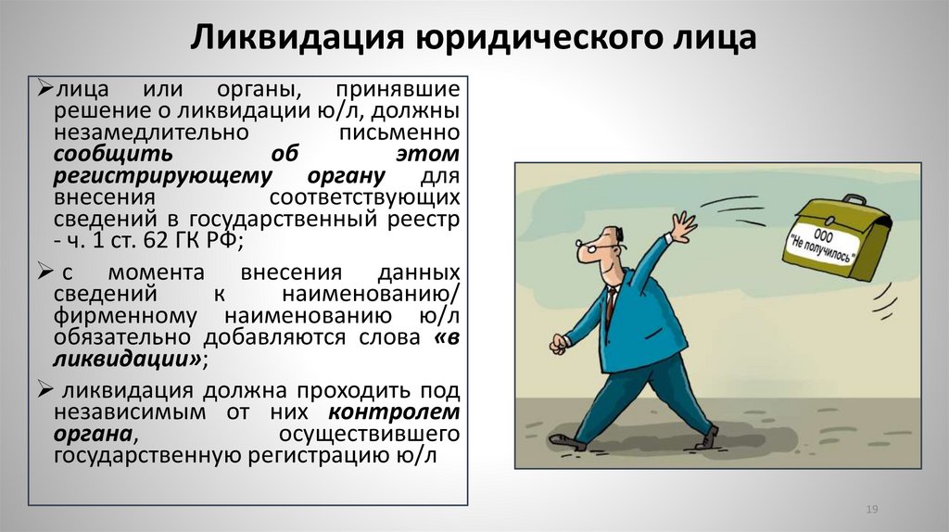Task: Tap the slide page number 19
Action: pos(871,510)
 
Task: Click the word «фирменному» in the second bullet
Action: pos(114,316)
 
